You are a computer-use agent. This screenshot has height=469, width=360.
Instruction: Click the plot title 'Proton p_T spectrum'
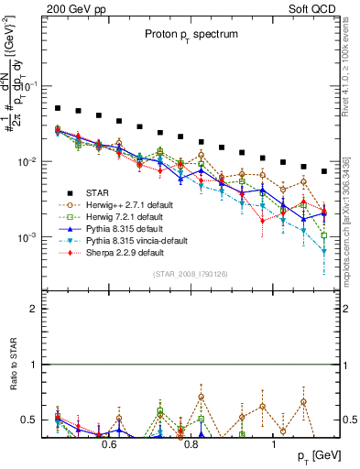[188, 34]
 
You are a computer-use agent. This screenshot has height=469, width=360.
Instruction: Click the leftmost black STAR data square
[57, 108]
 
